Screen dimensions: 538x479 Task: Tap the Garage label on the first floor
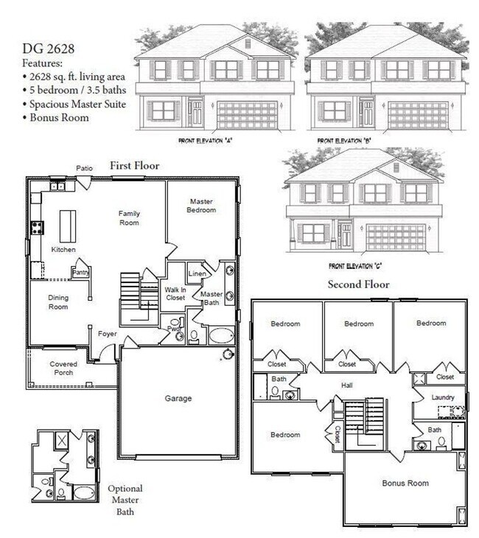pyautogui.click(x=178, y=399)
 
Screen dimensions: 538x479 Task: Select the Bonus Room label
pyautogui.click(x=405, y=483)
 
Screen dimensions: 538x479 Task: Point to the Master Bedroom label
pyautogui.click(x=202, y=206)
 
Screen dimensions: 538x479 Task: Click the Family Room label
pyautogui.click(x=129, y=218)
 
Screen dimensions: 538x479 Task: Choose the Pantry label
pyautogui.click(x=80, y=272)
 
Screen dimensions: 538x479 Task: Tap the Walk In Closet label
pyautogui.click(x=175, y=294)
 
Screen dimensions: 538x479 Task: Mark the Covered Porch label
pyautogui.click(x=63, y=368)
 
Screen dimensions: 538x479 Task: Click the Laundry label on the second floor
pyautogui.click(x=444, y=398)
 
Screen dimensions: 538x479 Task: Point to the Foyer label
pyautogui.click(x=108, y=334)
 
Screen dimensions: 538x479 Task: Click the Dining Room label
pyautogui.click(x=59, y=302)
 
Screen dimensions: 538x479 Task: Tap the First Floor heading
pyautogui.click(x=134, y=166)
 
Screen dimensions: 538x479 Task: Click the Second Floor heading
pyautogui.click(x=358, y=284)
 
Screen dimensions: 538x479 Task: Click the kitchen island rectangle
pyautogui.click(x=68, y=223)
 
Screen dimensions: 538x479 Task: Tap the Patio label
pyautogui.click(x=85, y=169)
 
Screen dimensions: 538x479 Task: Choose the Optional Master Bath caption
pyautogui.click(x=125, y=500)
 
